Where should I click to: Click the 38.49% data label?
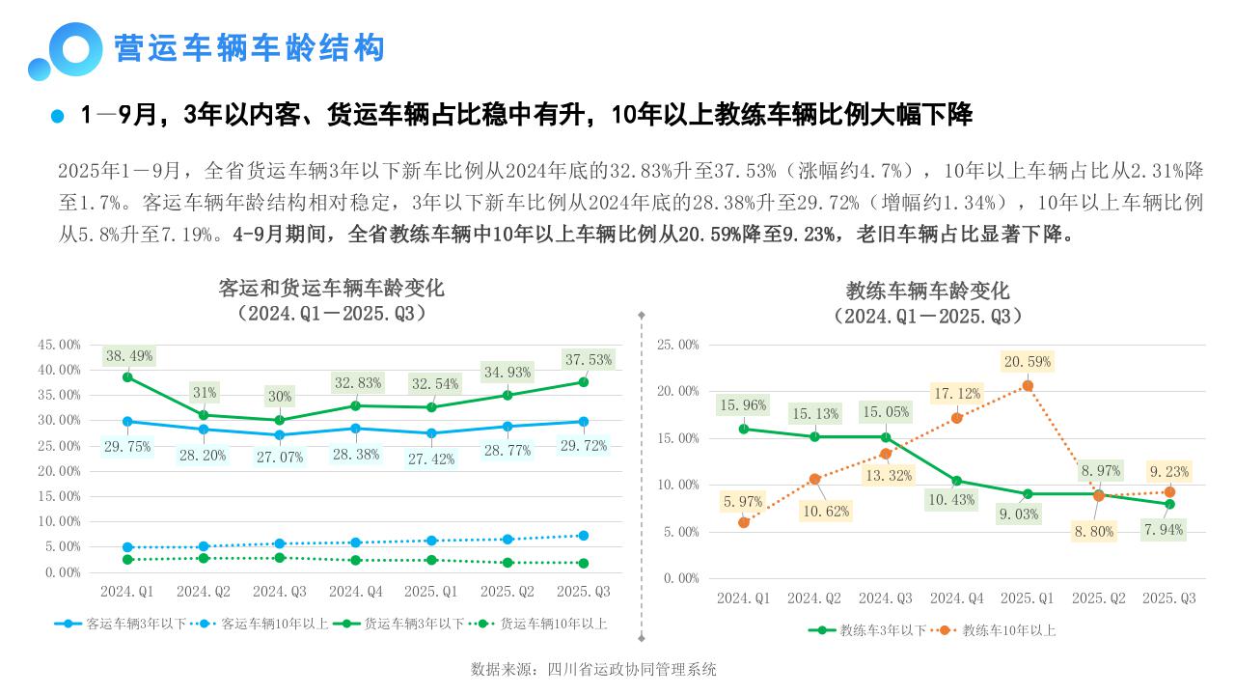[129, 356]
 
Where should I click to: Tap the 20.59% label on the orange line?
[1027, 362]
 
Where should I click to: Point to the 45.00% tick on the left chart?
[58, 345]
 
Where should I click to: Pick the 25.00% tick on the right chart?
[677, 345]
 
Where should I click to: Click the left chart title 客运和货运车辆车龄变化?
[332, 288]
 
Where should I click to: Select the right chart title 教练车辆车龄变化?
[927, 291]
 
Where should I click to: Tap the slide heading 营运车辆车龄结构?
[249, 48]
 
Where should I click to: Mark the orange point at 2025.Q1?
[1028, 386]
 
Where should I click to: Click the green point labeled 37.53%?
[582, 382]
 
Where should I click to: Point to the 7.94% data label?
[1163, 529]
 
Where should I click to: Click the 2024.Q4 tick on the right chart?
[956, 598]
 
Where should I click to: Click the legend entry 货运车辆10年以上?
[553, 624]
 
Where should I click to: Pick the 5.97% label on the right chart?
[743, 502]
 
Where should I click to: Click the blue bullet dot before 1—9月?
[57, 116]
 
